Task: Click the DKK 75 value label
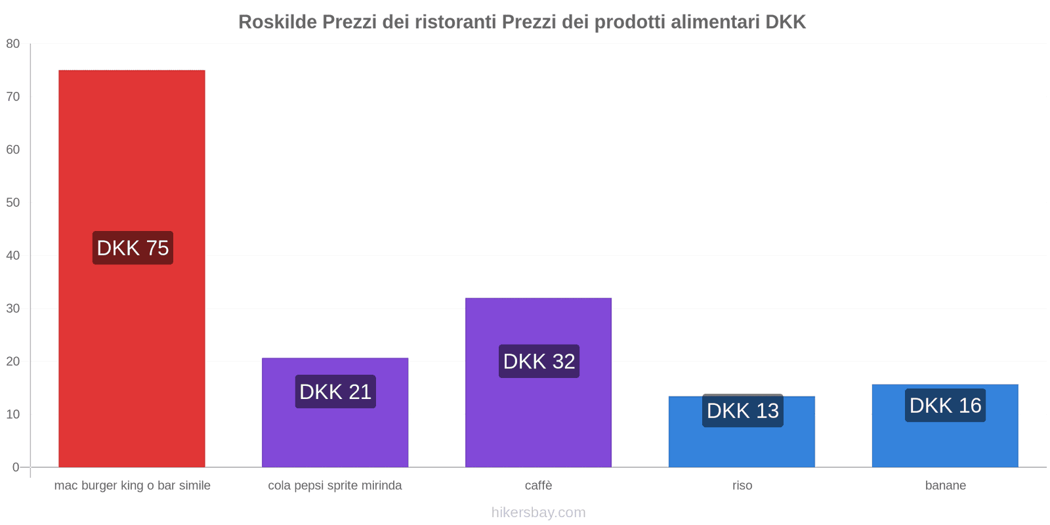point(133,248)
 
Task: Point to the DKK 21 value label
point(335,392)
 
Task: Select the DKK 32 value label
point(539,362)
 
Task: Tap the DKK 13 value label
point(742,411)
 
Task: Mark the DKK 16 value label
point(945,406)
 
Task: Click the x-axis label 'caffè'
point(538,486)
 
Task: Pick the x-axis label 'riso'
point(742,486)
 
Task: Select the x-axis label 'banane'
point(945,486)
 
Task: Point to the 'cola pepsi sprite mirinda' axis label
point(335,486)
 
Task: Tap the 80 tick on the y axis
point(13,44)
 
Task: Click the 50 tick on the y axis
point(13,203)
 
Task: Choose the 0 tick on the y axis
point(16,467)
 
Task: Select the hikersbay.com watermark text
point(538,513)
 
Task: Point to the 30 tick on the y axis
point(13,308)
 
